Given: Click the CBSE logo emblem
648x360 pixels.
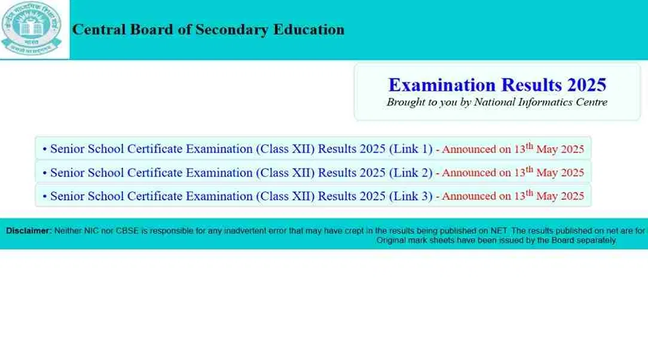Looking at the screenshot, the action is pos(32,28).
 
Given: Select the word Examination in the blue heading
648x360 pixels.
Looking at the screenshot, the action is pos(442,85).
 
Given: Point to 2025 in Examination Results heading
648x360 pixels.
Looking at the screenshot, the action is pos(586,85).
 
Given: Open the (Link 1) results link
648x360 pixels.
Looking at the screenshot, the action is pos(410,149).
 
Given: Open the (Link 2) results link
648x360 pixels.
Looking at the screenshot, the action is pos(410,172).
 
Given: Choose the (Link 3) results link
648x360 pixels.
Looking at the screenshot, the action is pos(410,196).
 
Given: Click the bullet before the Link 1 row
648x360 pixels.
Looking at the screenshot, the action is pos(45,150).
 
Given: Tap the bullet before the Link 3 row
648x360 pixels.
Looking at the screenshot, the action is pos(45,196).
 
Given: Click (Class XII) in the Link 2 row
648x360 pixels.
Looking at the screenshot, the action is pos(285,172).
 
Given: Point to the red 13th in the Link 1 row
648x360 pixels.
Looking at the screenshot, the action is pos(523,148).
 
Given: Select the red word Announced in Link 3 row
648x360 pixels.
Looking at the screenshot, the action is pos(469,196).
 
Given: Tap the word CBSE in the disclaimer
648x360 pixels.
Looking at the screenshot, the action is pos(127,231).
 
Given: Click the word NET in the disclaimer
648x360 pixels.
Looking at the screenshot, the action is pos(499,231).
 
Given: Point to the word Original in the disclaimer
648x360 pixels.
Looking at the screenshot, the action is pos(391,240).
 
